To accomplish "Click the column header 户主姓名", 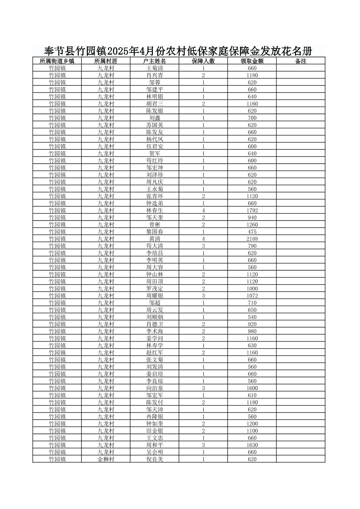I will click(155, 61).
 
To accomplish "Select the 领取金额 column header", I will click(252, 61).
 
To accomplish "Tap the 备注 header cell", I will click(301, 61).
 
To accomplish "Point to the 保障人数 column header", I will click(203, 61).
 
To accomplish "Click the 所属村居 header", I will click(106, 61).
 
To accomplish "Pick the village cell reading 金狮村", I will click(106, 459).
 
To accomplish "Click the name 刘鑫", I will click(155, 118).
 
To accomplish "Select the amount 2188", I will click(252, 239).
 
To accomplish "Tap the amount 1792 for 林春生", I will click(252, 210).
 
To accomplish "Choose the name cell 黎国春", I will click(155, 232).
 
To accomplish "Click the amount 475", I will click(252, 232).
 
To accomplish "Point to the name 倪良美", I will click(155, 459).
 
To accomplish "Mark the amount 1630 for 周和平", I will click(252, 445).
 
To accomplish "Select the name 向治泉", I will click(155, 388).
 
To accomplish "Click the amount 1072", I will click(252, 296).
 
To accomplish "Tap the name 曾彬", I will click(155, 224).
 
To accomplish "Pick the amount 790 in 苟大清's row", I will click(252, 246).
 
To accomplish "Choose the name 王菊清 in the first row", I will click(155, 68).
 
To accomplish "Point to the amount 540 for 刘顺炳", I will click(252, 317).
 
